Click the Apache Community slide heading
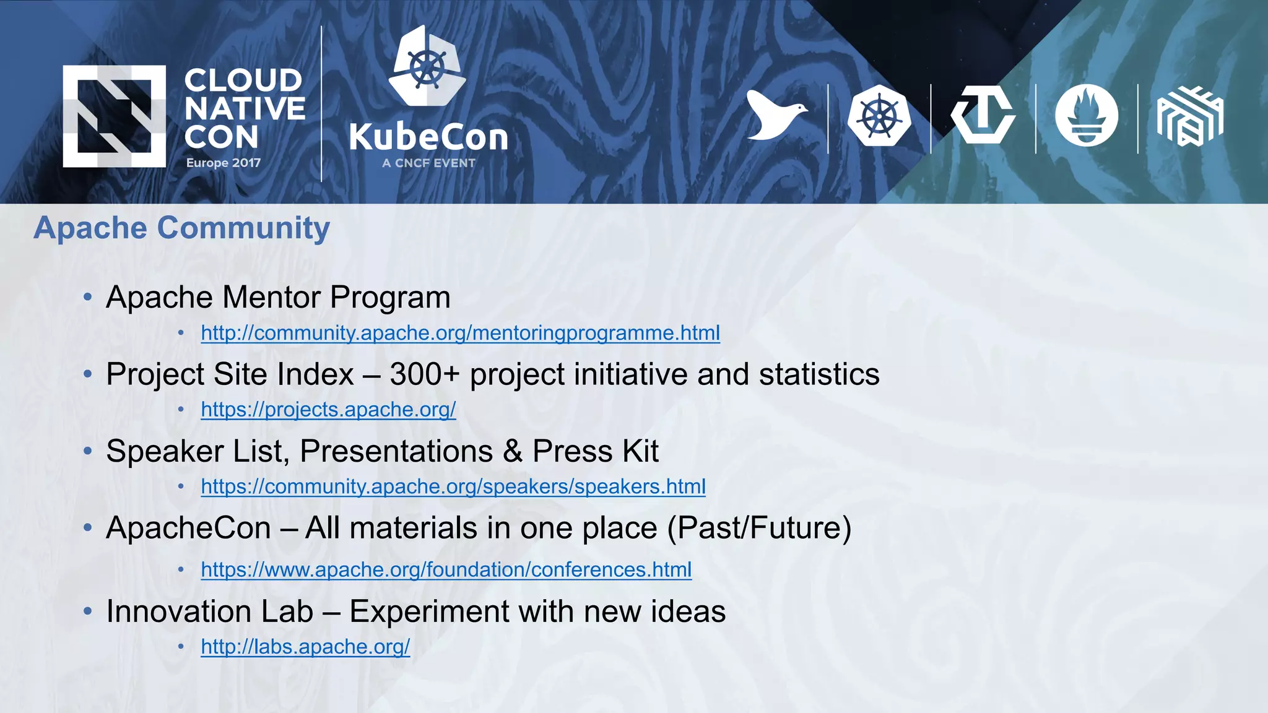181,228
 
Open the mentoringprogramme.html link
460,333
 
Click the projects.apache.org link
328,410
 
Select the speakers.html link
453,486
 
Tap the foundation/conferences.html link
446,569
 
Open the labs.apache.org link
305,647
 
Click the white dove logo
775,116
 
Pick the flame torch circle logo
1086,116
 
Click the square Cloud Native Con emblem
114,116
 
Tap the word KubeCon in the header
428,137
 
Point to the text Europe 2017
224,163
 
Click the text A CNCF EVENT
428,163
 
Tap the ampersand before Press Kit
513,451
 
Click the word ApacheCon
189,529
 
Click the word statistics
819,374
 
